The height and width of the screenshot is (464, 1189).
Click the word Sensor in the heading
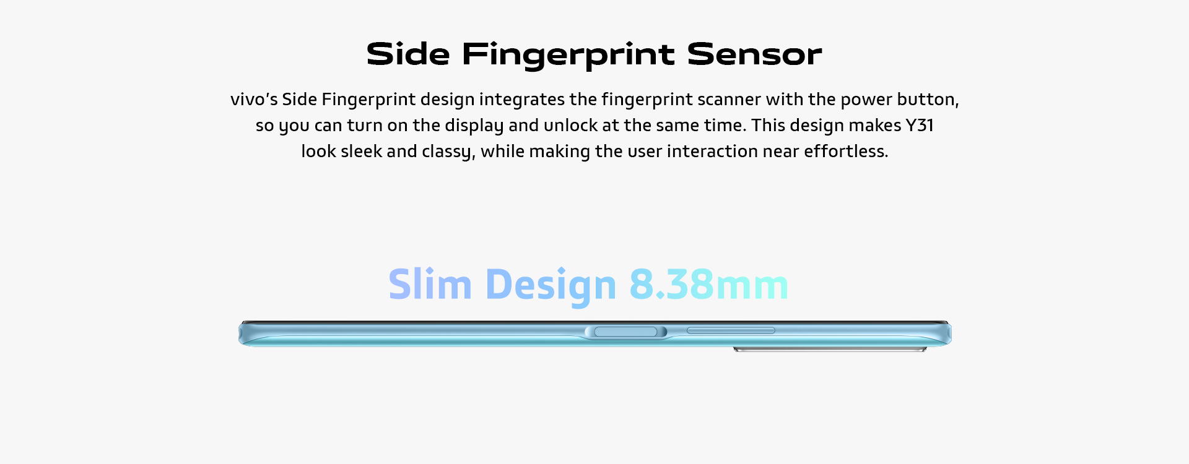[x=754, y=54]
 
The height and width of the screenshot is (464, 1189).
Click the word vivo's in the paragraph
[x=253, y=100]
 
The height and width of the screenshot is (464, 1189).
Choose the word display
[x=474, y=126]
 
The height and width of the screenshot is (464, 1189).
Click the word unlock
[x=570, y=126]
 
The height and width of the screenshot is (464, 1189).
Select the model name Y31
[x=920, y=126]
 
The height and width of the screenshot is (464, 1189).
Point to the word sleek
[x=361, y=152]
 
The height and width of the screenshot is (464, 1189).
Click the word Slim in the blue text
[x=430, y=285]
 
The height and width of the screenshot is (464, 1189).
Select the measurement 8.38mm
[x=708, y=285]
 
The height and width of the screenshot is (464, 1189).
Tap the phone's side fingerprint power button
[x=625, y=332]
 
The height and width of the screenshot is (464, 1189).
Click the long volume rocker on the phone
[x=731, y=330]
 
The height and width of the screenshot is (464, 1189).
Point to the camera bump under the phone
[x=830, y=350]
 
